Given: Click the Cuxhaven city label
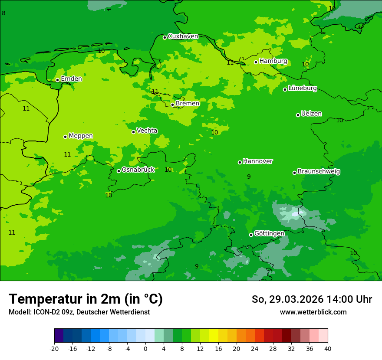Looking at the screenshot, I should (183, 36).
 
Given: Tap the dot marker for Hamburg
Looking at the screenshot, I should (256, 62).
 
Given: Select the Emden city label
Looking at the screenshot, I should (71, 79).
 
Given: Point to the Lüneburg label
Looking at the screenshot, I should (302, 88).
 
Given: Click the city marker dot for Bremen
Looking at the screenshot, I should (172, 105).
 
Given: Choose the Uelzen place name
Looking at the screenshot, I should (311, 114).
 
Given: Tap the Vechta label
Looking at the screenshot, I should (147, 131).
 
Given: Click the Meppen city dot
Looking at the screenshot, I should (65, 137).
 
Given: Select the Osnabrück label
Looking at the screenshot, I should (138, 170).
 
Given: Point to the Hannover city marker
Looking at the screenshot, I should (240, 162).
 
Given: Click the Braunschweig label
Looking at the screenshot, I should (319, 171).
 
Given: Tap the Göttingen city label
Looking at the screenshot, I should (269, 233).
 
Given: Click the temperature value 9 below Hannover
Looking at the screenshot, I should (249, 177).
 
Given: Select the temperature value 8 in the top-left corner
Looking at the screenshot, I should (4, 13).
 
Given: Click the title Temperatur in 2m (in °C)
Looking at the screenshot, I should (86, 299).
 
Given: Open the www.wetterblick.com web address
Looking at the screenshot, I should (313, 312).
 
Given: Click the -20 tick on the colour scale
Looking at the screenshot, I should (54, 348).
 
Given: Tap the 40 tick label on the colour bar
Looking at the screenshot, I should (328, 348).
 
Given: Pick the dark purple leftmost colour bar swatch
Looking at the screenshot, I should (59, 336).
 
